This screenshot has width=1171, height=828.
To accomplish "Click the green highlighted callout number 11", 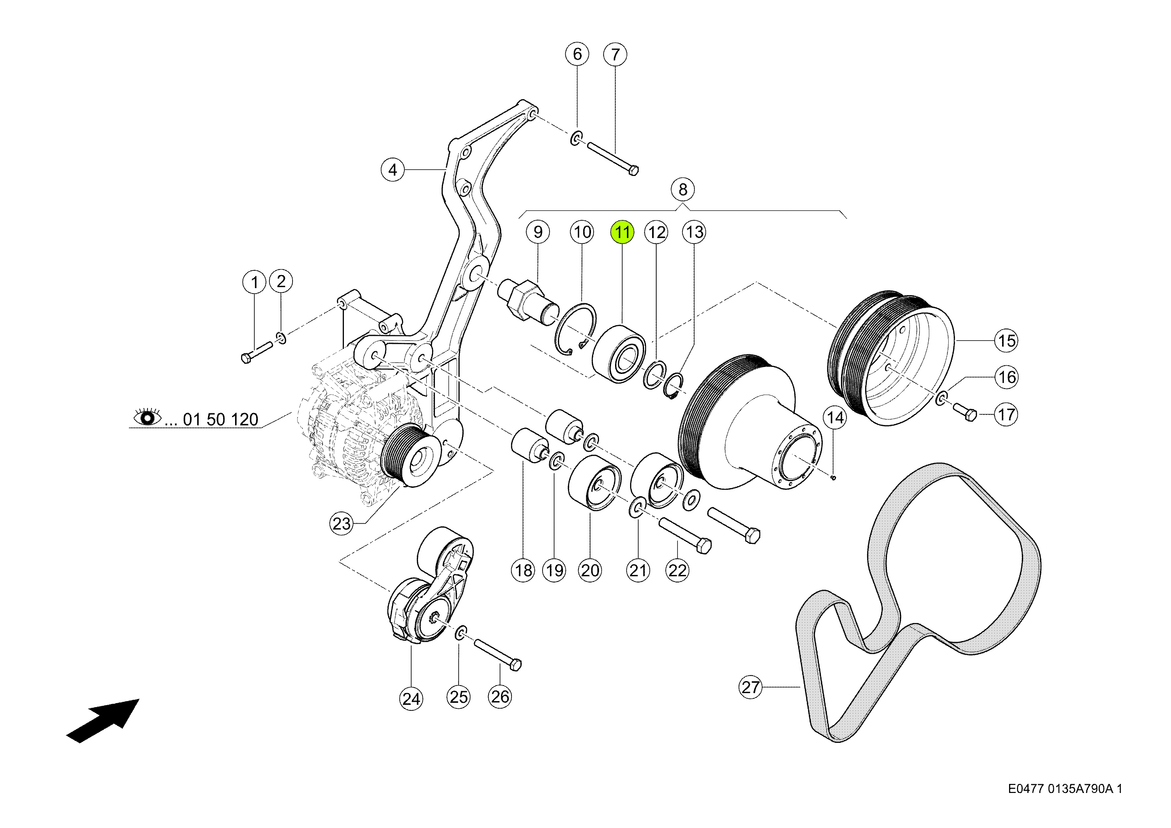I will (622, 232).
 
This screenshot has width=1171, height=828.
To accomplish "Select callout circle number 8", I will (683, 190).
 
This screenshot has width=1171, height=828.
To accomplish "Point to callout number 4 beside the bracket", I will (393, 170).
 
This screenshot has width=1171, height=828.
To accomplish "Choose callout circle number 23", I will (342, 524).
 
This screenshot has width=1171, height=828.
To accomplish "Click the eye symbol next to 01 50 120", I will (147, 418).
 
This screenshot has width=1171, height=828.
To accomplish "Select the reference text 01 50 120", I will (220, 420).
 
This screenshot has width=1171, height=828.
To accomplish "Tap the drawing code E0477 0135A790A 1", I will (1065, 789).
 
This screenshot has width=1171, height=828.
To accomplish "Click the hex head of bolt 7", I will (633, 170).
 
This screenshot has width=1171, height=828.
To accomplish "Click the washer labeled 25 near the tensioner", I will (460, 633).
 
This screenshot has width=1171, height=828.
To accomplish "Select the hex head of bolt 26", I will (516, 664).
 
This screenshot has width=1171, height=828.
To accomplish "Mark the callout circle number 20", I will (590, 570).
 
